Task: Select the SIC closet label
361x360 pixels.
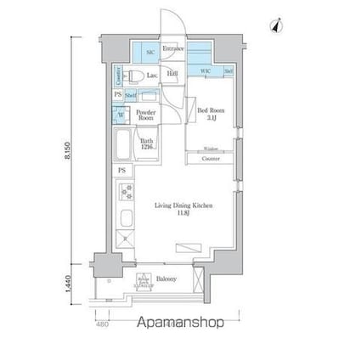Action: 149,53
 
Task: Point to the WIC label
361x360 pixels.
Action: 205,72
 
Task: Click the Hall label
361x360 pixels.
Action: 172,75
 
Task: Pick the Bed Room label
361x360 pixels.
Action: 209,113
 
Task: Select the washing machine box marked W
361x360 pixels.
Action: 122,114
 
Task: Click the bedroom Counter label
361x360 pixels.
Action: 210,159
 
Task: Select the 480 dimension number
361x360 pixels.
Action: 102,323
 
